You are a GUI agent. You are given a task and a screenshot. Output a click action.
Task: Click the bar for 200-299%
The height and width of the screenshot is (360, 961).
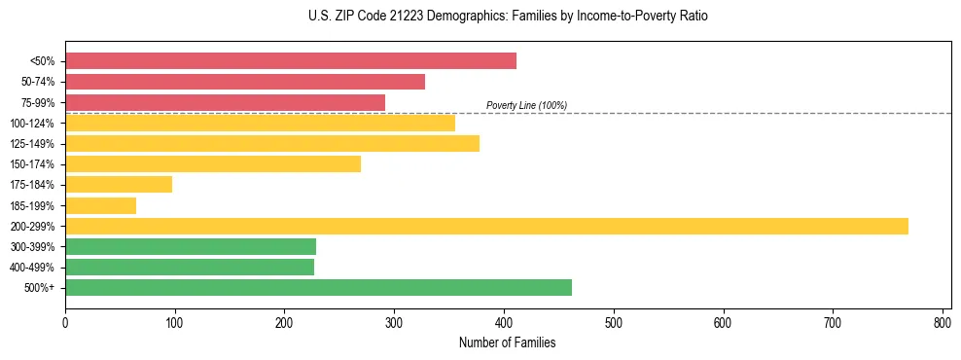pos(486,226)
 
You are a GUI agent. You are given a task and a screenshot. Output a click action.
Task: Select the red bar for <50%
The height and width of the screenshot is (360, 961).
pos(290,60)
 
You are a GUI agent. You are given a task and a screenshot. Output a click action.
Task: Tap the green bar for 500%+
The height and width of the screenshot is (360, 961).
pos(318,287)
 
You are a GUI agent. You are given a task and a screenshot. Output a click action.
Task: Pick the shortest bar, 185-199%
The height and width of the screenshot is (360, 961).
pos(100,205)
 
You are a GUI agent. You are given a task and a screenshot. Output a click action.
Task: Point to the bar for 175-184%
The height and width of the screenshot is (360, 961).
pos(119,184)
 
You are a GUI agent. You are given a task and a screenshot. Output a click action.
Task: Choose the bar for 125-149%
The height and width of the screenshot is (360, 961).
pos(271,143)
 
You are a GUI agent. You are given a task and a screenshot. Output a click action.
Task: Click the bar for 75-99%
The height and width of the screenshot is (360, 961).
pos(225,102)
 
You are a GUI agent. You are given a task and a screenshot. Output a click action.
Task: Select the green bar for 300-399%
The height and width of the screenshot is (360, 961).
pos(191,246)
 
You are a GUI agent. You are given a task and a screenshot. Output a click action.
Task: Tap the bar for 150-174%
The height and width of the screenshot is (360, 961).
pos(212,163)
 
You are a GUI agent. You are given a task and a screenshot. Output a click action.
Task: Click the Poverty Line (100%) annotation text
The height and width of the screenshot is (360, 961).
pos(526,105)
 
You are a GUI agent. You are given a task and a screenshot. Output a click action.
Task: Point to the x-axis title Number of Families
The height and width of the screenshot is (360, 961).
pos(508,342)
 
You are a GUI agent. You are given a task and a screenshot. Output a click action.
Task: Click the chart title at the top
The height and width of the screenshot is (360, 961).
pos(508,17)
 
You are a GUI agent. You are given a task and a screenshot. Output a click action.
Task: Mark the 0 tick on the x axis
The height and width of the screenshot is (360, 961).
pos(65,322)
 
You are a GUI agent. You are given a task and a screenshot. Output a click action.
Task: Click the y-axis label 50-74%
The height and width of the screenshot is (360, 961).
pos(38,82)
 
